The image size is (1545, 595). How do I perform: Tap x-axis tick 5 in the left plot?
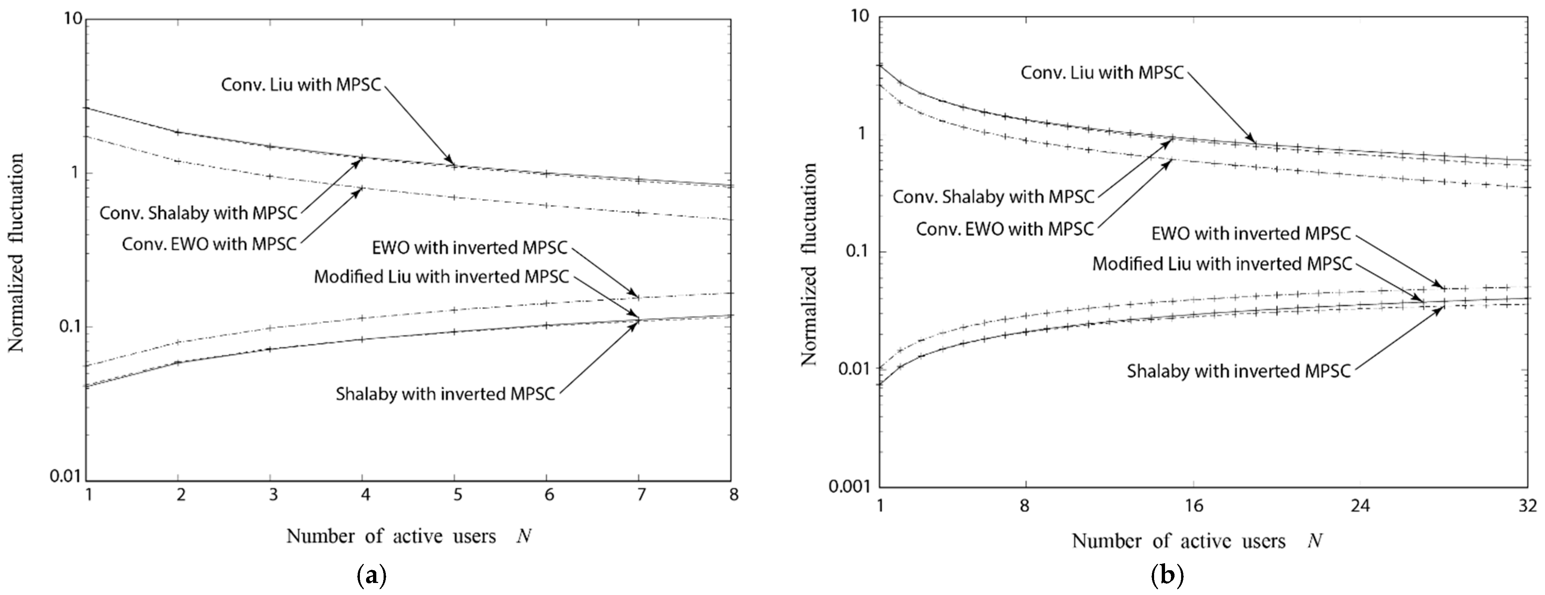tap(457, 495)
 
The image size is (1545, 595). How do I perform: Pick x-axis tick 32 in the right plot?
tap(1528, 506)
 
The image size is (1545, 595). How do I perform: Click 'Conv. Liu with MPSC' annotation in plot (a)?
tap(301, 85)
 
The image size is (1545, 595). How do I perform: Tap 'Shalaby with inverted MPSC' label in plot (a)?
tap(445, 394)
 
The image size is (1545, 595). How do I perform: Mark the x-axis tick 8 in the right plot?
tap(1025, 506)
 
